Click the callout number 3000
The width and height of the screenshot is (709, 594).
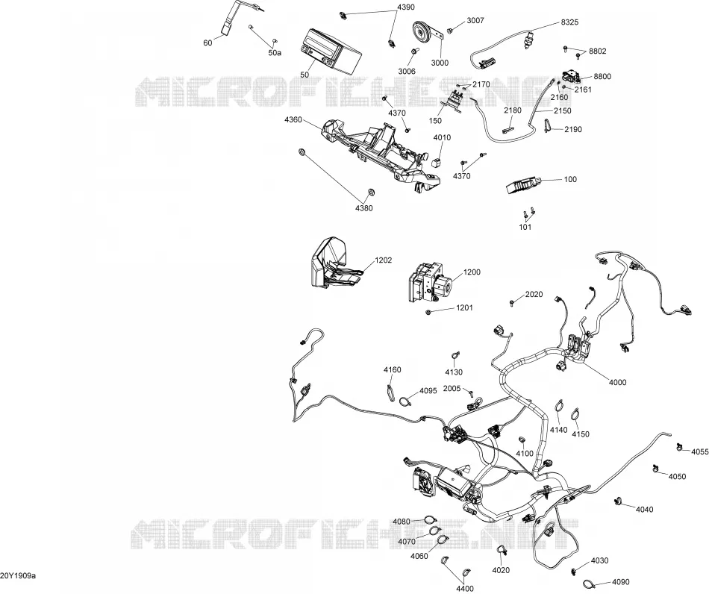click(x=440, y=63)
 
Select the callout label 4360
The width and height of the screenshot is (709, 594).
click(x=293, y=120)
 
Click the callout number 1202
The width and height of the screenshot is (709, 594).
click(x=384, y=260)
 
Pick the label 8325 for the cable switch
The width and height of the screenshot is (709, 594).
click(x=569, y=22)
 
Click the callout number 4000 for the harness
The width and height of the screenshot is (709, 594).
click(x=618, y=382)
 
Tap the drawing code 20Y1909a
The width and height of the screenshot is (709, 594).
click(x=18, y=575)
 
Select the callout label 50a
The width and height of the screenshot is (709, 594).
click(x=275, y=53)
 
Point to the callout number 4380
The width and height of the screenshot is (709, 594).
click(x=364, y=208)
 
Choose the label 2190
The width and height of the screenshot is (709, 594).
click(x=573, y=129)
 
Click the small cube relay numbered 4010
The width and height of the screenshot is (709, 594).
click(x=437, y=162)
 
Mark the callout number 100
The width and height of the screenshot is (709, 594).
click(x=571, y=179)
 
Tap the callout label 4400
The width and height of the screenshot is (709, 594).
click(x=465, y=589)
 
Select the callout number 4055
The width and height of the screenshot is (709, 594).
click(x=700, y=451)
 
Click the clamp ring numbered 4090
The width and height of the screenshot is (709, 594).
click(x=588, y=583)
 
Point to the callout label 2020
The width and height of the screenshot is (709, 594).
click(x=534, y=294)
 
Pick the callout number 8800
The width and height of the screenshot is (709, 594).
click(x=602, y=76)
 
